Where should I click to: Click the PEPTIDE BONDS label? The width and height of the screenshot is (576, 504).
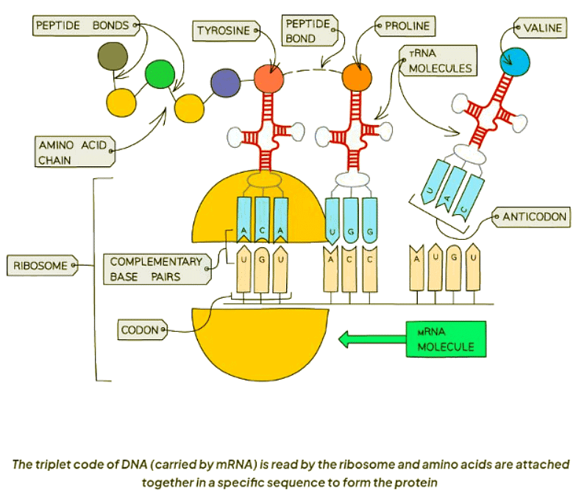[x=83, y=26]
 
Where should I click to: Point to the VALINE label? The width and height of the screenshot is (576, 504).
[x=543, y=29]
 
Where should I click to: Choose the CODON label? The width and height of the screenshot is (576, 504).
[x=141, y=330]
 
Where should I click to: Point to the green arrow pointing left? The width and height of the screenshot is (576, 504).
[x=371, y=339]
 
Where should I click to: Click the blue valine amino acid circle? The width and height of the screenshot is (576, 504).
[x=513, y=63]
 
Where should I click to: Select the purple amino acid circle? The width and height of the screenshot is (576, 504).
[x=225, y=84]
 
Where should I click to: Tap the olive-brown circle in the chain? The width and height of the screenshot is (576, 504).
[x=112, y=56]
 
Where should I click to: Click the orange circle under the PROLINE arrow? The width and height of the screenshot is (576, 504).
[x=357, y=76]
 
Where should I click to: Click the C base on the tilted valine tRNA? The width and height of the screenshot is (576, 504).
[x=461, y=208]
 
